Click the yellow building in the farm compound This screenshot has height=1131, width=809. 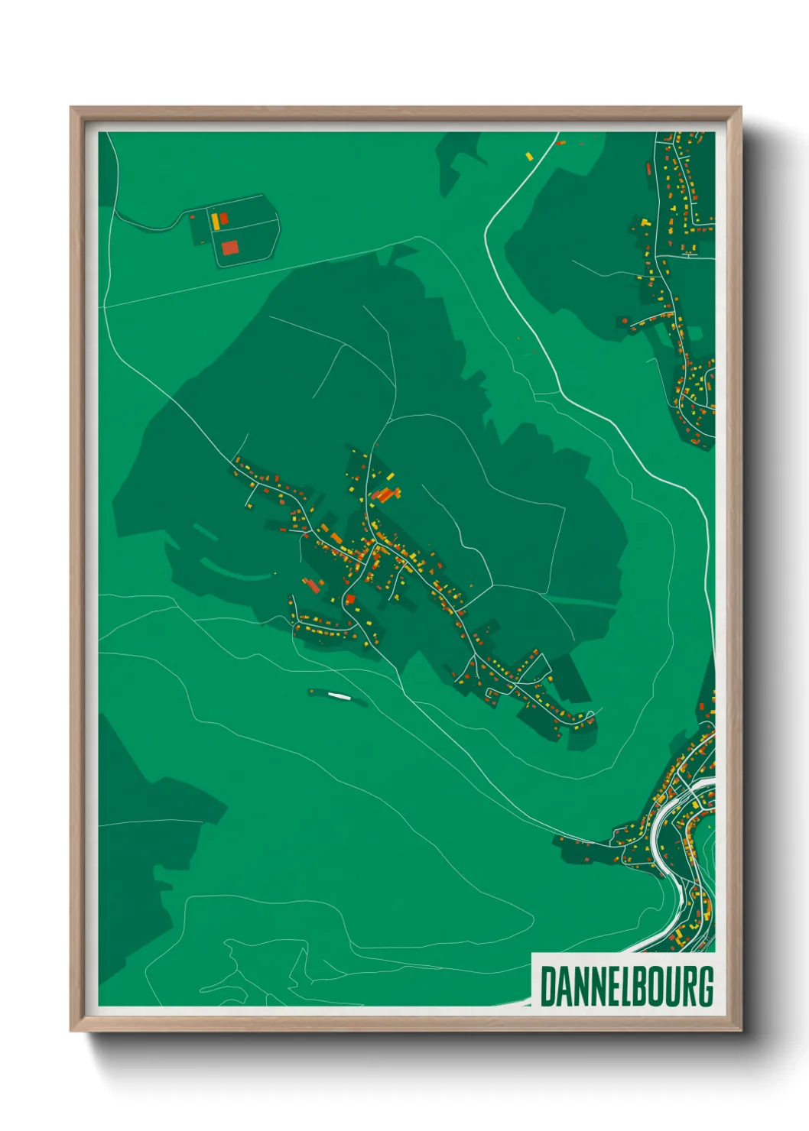click(216, 222)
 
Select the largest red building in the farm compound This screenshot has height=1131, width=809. click(229, 248)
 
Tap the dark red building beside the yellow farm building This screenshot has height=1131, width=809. click(224, 219)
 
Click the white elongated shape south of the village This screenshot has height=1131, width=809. click(338, 695)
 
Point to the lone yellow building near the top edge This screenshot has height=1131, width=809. click(528, 156)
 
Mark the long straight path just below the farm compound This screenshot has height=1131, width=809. click(252, 275)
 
